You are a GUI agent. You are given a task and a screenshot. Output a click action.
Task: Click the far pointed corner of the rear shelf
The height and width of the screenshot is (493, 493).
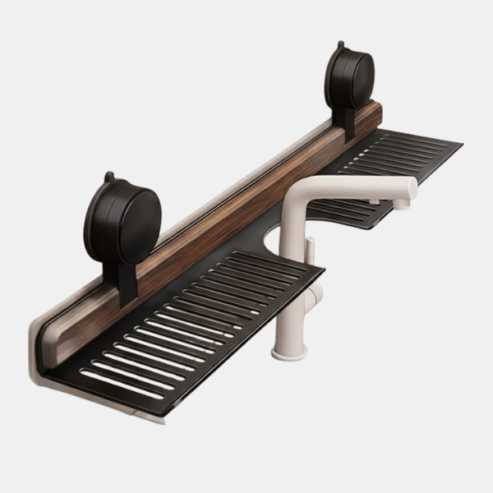click(x=460, y=146)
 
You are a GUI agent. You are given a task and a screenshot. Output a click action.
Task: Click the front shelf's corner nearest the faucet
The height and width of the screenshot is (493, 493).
click(x=322, y=269)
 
